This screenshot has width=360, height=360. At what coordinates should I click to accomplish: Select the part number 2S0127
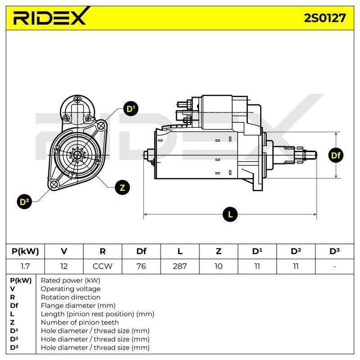325,18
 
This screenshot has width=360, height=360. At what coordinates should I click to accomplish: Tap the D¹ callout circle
131,108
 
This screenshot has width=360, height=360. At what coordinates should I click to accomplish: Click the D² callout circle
24,202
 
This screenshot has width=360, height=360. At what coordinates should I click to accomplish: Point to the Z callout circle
122,188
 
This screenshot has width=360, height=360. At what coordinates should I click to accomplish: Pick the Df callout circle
336,155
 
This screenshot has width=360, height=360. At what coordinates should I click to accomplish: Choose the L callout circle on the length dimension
230,215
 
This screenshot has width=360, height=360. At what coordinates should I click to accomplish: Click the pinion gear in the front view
77,155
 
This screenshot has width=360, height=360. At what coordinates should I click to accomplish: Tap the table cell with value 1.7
25,266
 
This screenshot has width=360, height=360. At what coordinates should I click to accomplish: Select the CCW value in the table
103,266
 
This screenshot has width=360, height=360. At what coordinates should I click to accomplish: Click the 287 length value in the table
180,266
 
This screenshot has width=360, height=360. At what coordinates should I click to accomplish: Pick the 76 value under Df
141,266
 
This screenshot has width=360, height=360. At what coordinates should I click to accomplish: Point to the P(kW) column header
25,252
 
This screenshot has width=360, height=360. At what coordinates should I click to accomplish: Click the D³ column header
334,251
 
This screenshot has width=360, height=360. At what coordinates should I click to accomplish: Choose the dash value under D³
334,266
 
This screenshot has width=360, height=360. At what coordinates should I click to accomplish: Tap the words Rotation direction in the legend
71,297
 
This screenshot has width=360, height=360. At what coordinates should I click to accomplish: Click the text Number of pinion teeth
80,322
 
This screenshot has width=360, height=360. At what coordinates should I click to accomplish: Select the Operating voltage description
71,289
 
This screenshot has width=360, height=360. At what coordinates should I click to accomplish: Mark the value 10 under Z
219,266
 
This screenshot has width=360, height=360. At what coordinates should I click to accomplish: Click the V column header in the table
64,251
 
